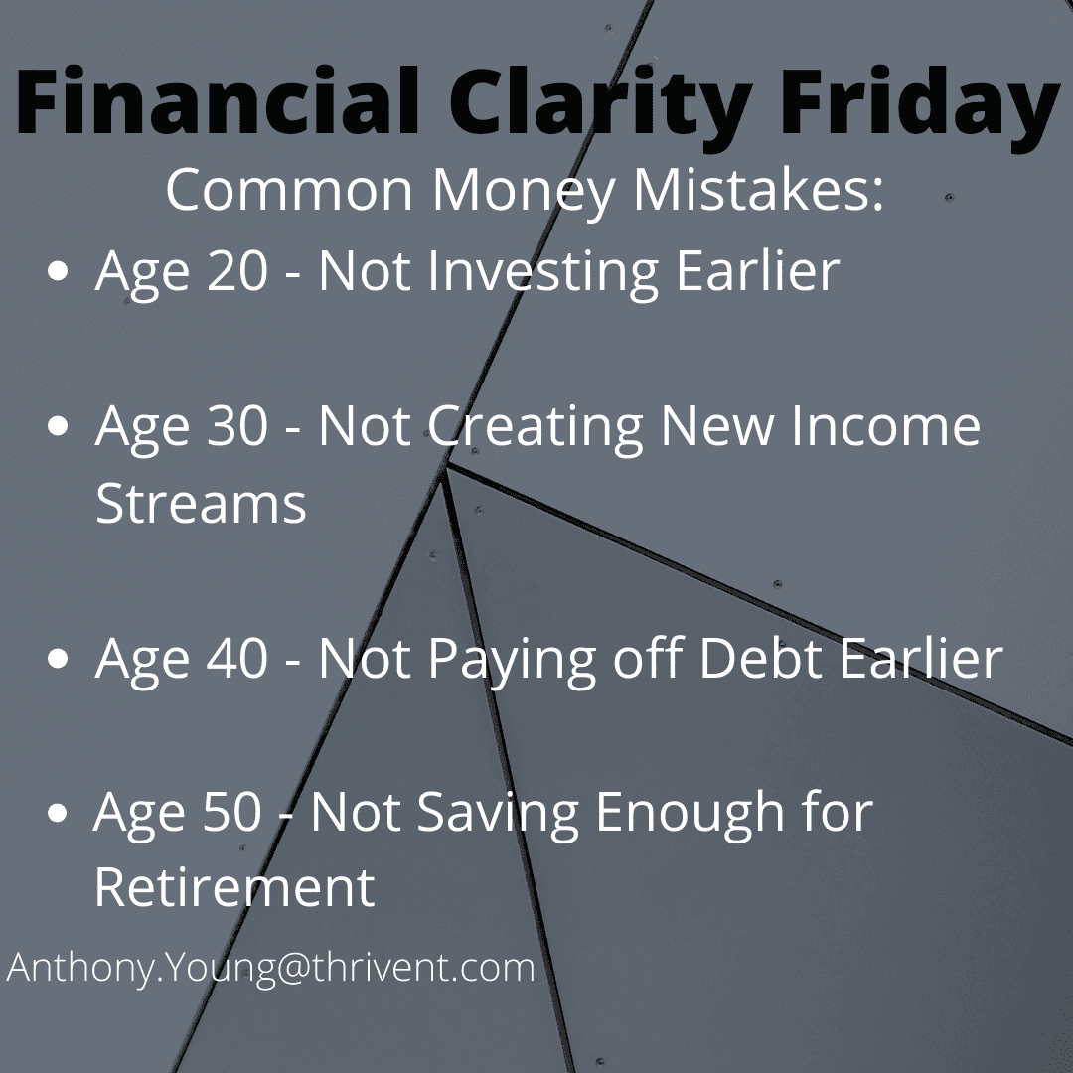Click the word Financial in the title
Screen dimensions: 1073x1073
point(217,100)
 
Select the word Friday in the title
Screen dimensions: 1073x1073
point(920,109)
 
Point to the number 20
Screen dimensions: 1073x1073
point(236,271)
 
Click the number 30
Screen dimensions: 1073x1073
point(236,425)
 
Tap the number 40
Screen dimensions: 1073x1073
point(236,658)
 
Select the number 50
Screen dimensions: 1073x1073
point(231,812)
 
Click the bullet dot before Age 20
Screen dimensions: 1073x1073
point(59,271)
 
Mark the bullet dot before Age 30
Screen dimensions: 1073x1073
point(59,425)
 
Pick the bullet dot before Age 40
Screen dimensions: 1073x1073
point(59,658)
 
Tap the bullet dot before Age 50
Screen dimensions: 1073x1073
point(59,813)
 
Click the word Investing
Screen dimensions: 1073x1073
point(543,274)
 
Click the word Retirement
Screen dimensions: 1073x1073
point(234,887)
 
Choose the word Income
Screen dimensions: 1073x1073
point(886,425)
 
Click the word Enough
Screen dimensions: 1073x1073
point(690,815)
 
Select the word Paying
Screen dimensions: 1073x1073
point(512,661)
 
